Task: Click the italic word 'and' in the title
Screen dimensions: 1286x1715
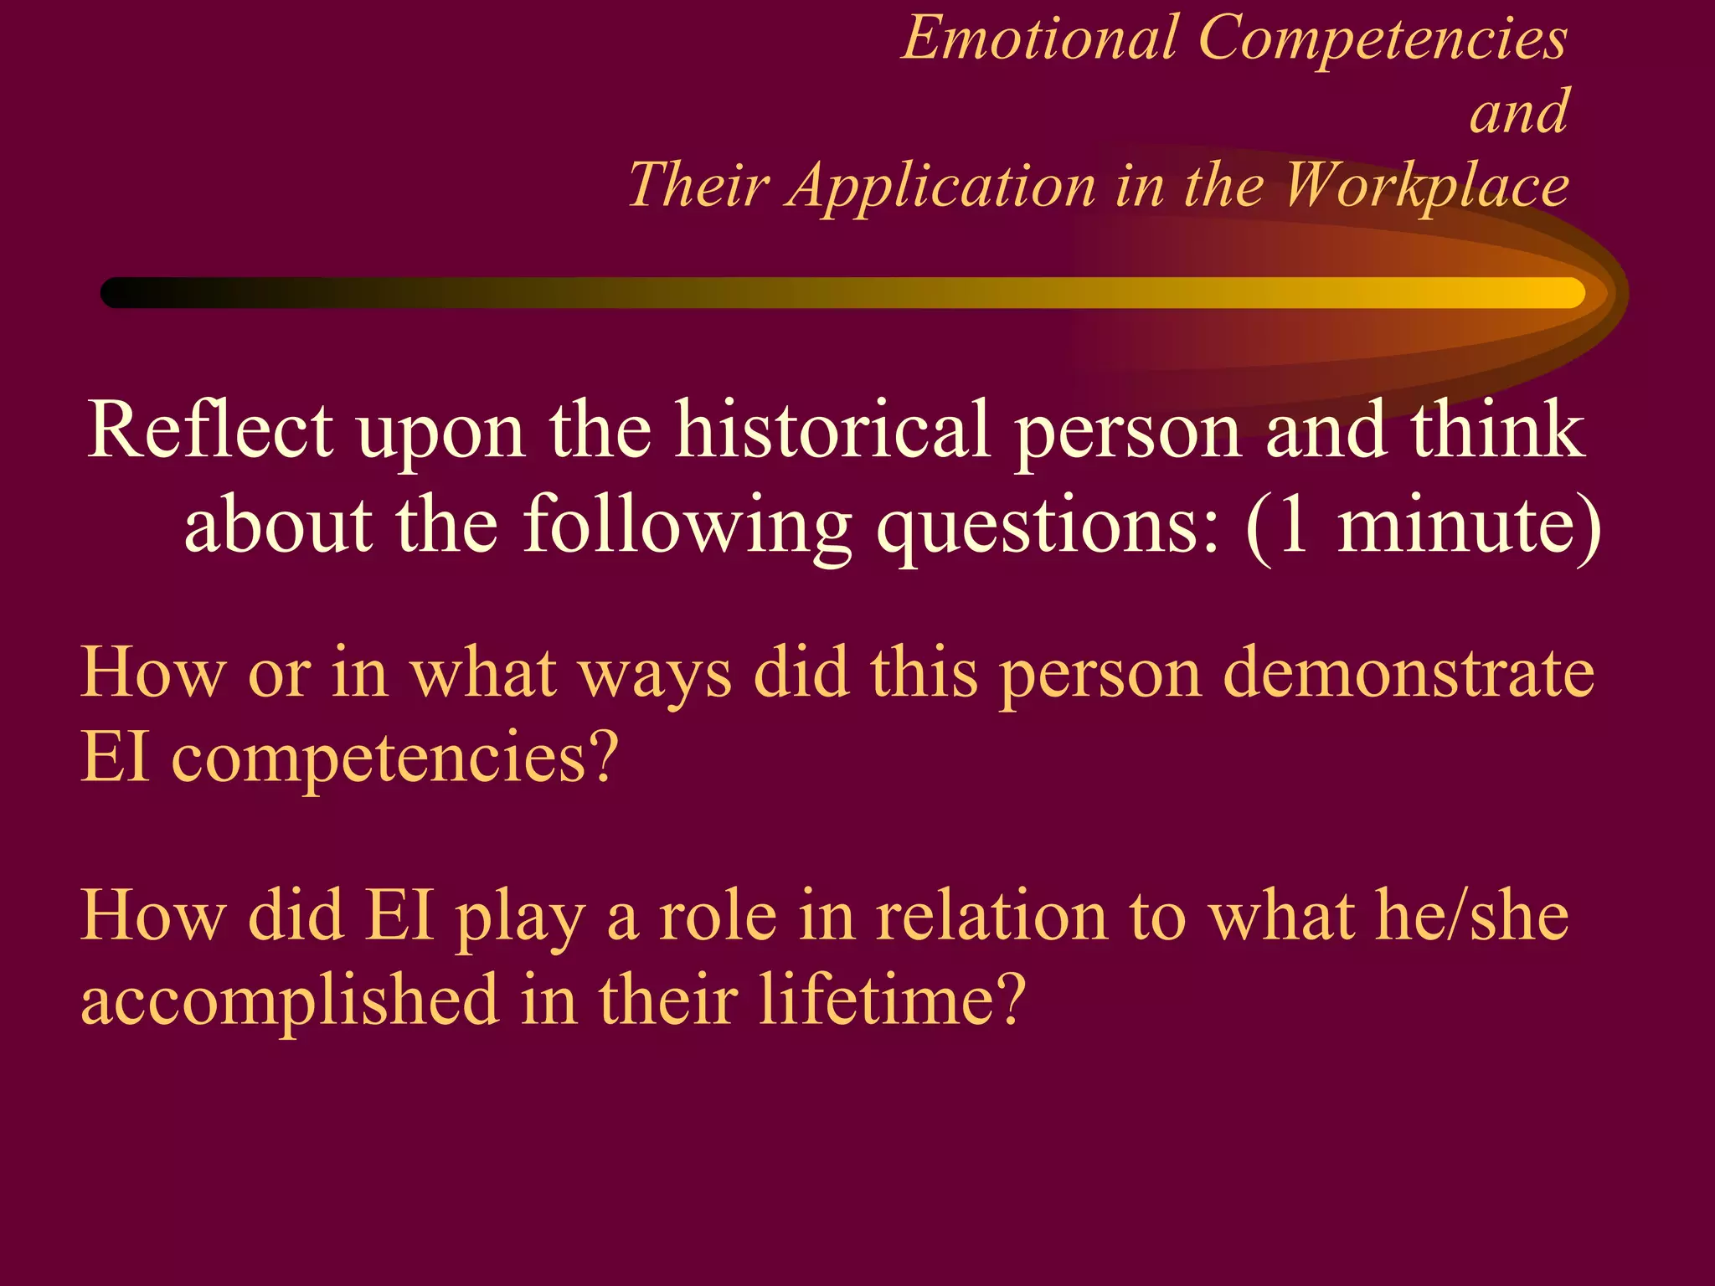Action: pos(1518,113)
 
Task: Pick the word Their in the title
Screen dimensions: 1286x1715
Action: pos(698,186)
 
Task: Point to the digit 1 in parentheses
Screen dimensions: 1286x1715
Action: pos(1294,525)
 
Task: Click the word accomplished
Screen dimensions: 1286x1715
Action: pos(290,1001)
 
